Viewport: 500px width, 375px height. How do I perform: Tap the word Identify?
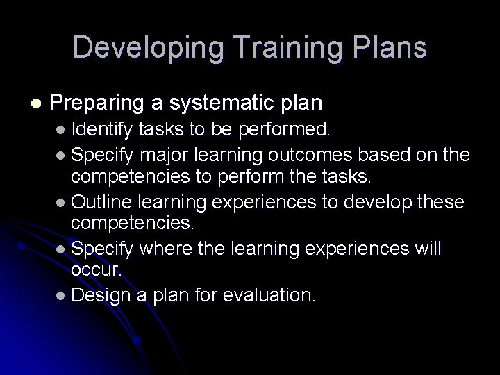pos(102,128)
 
